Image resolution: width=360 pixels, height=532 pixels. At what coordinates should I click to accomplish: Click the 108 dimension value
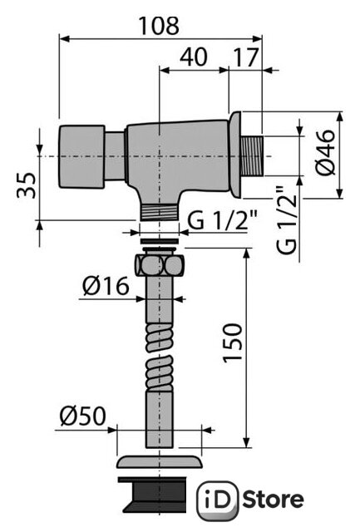coord(159,26)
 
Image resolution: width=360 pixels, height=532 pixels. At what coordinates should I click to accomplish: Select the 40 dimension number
coord(194,57)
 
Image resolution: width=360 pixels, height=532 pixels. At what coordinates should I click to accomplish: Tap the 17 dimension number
coord(246,57)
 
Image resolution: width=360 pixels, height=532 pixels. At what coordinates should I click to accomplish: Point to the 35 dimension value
coord(27,185)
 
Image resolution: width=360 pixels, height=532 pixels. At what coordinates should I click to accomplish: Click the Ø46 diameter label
coord(325,152)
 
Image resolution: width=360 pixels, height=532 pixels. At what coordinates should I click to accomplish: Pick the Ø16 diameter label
coord(106,286)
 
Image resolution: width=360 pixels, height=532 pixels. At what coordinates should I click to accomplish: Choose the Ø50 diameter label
coord(83,416)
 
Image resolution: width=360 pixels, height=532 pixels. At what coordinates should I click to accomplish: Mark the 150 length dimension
coord(233,343)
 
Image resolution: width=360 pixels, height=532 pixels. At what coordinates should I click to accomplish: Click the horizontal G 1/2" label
coord(223,220)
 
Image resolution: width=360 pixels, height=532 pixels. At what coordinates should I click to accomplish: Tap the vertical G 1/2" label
coord(287,219)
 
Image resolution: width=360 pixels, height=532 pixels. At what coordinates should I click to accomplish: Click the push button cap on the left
coord(81,156)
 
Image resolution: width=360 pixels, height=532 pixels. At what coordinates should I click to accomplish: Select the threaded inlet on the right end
coord(252,156)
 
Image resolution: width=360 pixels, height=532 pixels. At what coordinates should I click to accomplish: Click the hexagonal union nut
coord(160,264)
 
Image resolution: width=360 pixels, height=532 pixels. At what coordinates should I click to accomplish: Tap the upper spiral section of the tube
coord(160,337)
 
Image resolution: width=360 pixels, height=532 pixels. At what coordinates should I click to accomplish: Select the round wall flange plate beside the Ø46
coord(234,155)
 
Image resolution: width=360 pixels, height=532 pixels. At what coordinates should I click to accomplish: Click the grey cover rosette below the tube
coord(159,462)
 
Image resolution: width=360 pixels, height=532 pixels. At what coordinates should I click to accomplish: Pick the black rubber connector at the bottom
coord(153,494)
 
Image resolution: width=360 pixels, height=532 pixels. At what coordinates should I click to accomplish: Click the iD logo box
coord(219,500)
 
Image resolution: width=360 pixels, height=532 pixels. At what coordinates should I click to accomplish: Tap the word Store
coord(274,500)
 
